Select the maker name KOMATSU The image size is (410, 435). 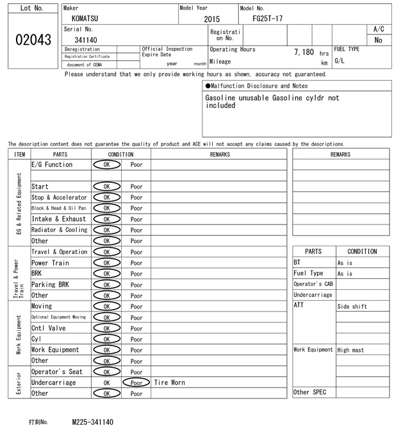click(85, 19)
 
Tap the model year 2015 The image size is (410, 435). click(211, 19)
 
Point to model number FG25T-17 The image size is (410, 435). click(268, 19)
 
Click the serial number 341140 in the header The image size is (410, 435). click(86, 40)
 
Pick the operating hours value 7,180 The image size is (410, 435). click(304, 52)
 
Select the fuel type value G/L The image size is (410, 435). click(340, 61)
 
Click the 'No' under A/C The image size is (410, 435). click(378, 40)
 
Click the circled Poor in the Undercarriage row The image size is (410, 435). click(136, 383)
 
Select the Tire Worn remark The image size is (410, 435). click(170, 383)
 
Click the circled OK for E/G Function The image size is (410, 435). click(107, 165)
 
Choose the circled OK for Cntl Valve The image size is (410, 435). click(107, 328)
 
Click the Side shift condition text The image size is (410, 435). click(352, 306)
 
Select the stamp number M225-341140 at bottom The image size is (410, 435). click(93, 422)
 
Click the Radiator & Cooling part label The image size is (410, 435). click(60, 230)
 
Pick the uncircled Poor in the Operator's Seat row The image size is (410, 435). click(136, 372)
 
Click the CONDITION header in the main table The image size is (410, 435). click(121, 154)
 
